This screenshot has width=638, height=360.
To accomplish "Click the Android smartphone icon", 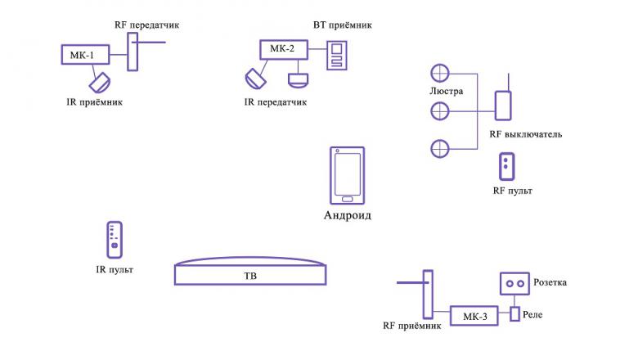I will tap(347, 175).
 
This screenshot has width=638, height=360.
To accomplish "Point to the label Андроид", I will tap(348, 216).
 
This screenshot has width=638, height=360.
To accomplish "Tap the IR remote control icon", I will tap(115, 239).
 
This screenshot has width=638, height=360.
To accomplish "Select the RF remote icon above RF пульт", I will tap(508, 166).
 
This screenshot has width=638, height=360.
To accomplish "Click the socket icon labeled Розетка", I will tap(514, 283).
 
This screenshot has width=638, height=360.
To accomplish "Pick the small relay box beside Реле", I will tap(514, 314).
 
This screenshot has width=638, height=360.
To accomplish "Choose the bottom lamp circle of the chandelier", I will tap(440, 148).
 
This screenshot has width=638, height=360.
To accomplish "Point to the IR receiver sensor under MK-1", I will tap(101, 83).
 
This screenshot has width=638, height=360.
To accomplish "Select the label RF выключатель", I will tap(525, 133).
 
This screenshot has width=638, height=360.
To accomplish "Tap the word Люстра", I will tap(446, 91).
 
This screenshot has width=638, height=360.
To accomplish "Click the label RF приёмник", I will tap(412, 325).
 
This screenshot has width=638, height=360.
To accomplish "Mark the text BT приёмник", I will tap(343, 25).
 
